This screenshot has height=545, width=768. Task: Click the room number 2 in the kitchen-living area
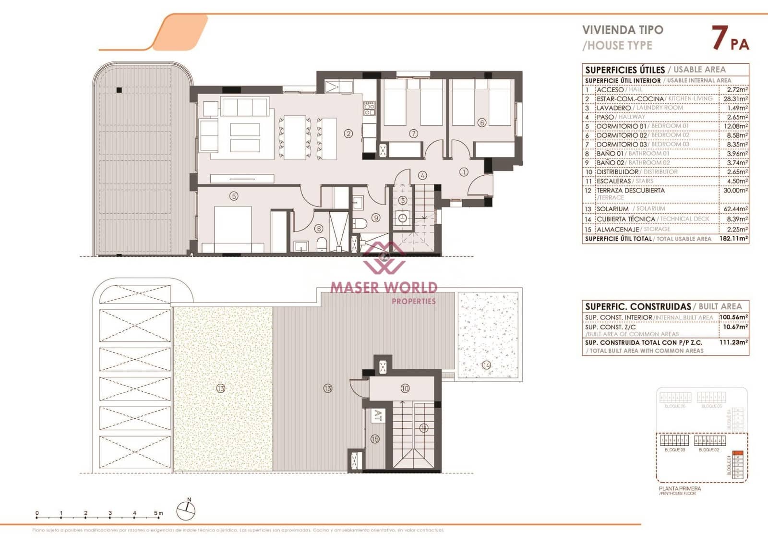click(x=348, y=133)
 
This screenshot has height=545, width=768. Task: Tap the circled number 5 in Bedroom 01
click(x=234, y=196)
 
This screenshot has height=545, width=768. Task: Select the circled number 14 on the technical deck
click(x=486, y=365)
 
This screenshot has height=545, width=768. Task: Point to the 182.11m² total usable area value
click(x=733, y=239)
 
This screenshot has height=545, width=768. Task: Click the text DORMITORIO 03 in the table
click(x=622, y=145)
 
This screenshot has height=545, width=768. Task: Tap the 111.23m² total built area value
click(x=733, y=342)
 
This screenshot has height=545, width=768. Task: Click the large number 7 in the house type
click(x=719, y=38)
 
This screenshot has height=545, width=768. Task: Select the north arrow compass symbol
click(x=186, y=510)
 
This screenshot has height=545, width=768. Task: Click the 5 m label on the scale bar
click(x=158, y=513)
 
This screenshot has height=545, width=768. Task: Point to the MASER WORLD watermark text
click(x=384, y=288)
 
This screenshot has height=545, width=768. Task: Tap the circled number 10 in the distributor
click(x=405, y=388)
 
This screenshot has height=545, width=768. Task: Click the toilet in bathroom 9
click(x=360, y=223)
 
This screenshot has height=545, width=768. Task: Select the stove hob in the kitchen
click(x=369, y=109)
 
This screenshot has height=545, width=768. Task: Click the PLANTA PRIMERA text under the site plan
click(x=680, y=488)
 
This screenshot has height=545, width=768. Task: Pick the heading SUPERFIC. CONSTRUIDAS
click(x=638, y=306)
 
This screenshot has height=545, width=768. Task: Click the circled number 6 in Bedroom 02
click(x=482, y=123)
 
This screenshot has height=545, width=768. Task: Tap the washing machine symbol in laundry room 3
click(x=402, y=218)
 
